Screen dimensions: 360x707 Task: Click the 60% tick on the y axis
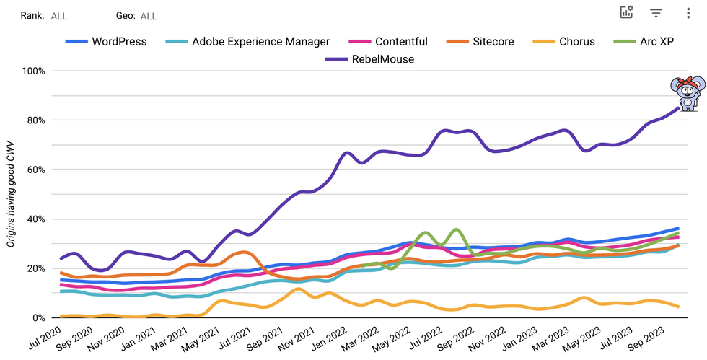36,170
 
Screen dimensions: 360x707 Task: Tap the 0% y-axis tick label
39,318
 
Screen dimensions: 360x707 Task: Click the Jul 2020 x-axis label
45,340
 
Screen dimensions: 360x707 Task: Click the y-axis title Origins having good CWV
11,195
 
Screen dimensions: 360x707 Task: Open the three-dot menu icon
688,13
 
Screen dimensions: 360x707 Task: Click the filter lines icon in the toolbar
656,13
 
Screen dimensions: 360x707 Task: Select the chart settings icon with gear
626,12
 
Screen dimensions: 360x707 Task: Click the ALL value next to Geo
149,16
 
